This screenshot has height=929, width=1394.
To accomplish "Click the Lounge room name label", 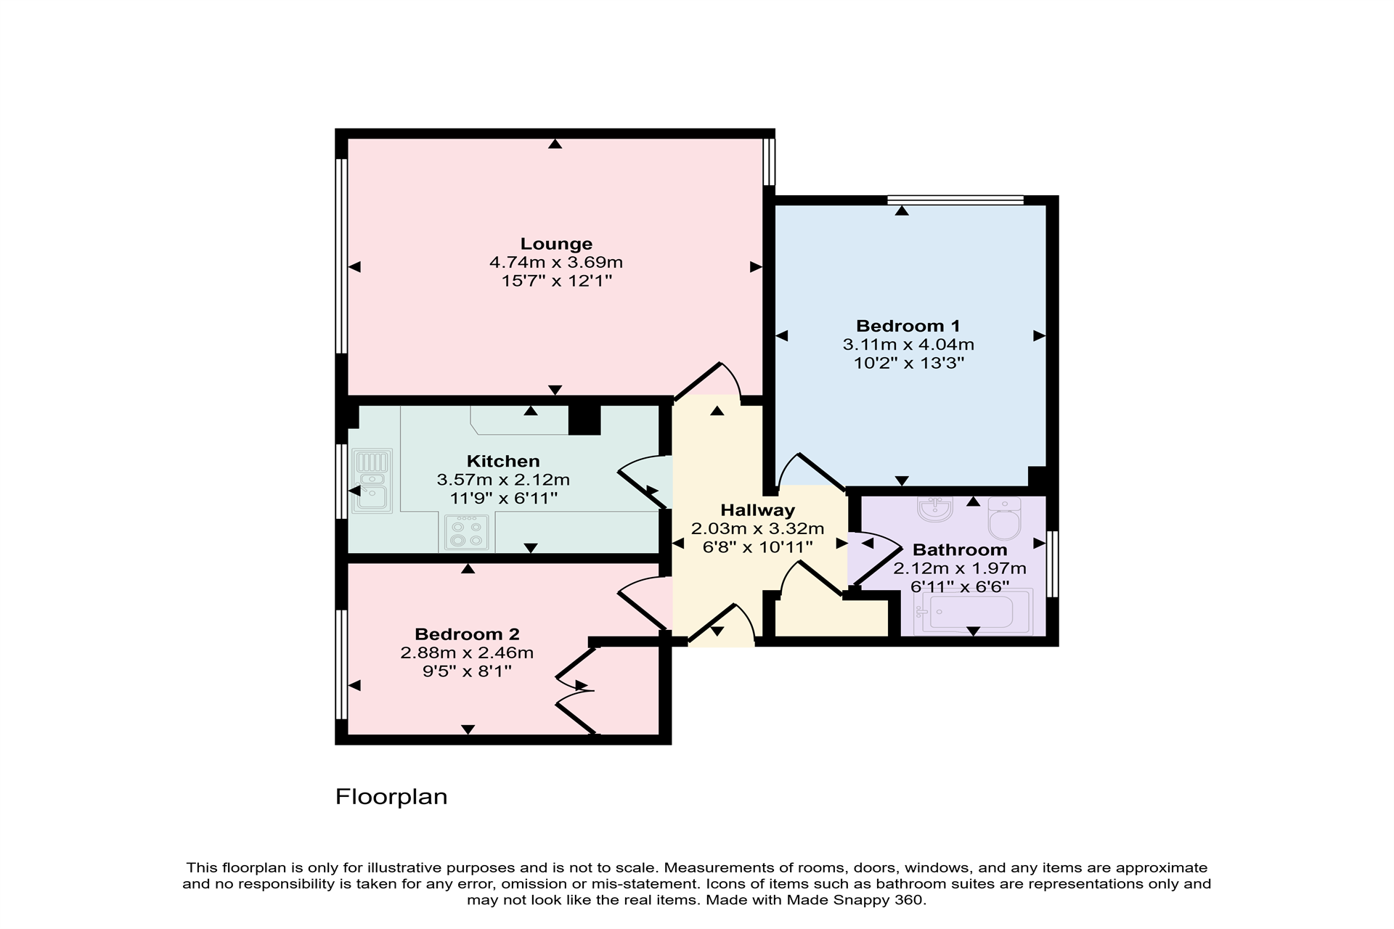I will tap(556, 244).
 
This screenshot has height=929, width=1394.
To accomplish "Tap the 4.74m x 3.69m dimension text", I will tap(556, 262).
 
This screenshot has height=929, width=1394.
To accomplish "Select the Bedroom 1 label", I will tap(908, 326).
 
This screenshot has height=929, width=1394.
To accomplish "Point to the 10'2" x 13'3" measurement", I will tap(908, 363).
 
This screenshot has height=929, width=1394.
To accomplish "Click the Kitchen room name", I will tap(503, 461).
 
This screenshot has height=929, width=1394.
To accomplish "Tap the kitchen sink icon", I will tap(372, 480).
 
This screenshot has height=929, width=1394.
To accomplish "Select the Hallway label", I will tap(757, 510).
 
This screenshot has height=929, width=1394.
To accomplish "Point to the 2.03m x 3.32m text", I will tap(757, 528).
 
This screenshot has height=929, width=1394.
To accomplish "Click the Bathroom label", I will tap(959, 550).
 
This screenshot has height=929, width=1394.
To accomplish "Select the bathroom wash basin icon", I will tap(935, 509).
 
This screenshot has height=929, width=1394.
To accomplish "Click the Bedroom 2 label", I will tap(467, 634).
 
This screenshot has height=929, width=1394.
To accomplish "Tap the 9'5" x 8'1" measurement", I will tap(467, 671).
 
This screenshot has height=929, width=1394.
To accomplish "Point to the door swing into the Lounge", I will tap(715, 381).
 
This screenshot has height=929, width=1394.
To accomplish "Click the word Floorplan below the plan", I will tap(391, 797).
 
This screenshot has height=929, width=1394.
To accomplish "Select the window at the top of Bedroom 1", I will tap(955, 200).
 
